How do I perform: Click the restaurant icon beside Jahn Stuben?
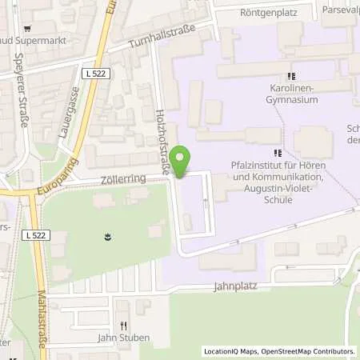(x=124, y=326)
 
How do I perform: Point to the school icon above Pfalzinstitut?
(x=278, y=152)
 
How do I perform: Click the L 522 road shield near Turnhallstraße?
(x=95, y=72)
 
